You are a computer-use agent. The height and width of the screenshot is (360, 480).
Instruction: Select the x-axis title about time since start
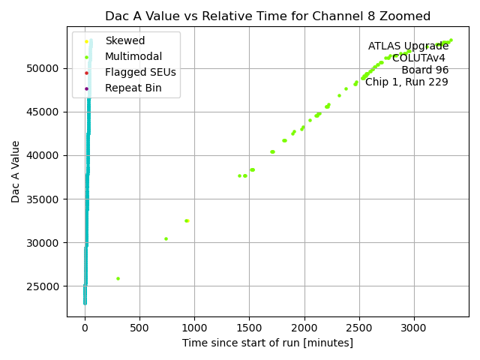[268, 343]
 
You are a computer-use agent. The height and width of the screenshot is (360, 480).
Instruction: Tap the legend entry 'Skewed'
[124, 40]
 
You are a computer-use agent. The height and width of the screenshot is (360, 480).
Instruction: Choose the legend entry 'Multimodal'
[133, 56]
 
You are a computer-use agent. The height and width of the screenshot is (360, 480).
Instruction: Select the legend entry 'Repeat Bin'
[133, 88]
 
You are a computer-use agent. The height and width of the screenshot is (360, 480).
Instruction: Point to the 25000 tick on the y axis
[44, 286]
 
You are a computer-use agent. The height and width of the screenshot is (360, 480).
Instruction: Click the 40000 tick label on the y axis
[44, 155]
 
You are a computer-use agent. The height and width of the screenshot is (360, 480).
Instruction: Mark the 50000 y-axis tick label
[44, 68]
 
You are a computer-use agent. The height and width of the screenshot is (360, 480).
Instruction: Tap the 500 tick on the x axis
[139, 327]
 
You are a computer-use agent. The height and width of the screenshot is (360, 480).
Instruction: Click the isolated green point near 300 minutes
[118, 278]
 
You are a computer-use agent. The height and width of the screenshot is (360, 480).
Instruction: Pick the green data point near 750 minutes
[166, 238]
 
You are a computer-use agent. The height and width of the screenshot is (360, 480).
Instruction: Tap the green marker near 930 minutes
[187, 220]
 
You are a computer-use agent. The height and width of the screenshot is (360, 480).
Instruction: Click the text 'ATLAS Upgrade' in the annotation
[408, 46]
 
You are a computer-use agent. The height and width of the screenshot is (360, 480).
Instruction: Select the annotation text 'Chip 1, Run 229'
[406, 82]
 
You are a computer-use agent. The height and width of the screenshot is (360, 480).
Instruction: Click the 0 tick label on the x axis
[85, 327]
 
